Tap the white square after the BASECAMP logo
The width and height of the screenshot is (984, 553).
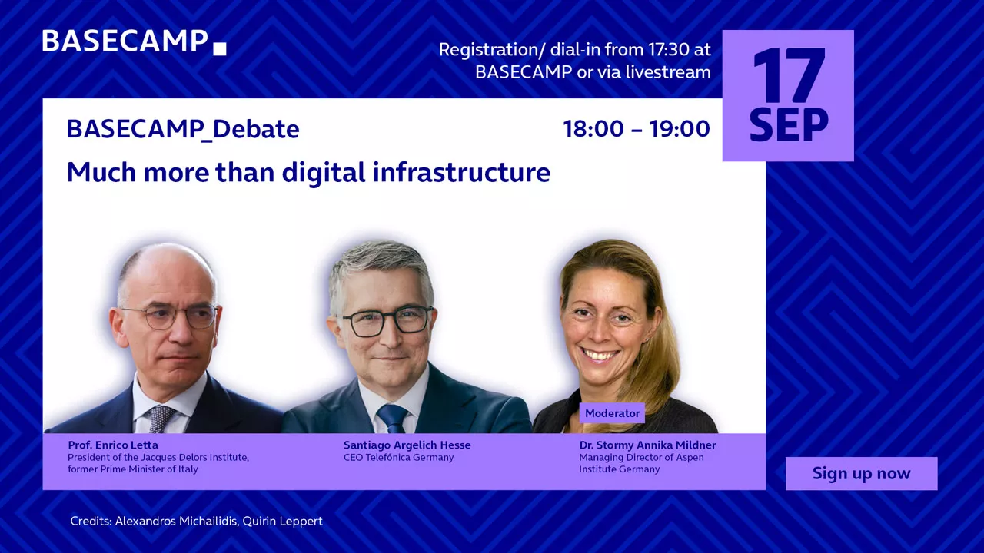pyautogui.click(x=220, y=48)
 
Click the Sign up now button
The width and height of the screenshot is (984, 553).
pyautogui.click(x=862, y=473)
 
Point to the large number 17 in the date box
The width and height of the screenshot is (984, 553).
pyautogui.click(x=789, y=75)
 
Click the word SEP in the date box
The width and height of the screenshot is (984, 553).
pyautogui.click(x=789, y=125)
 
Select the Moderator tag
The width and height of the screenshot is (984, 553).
pyautogui.click(x=612, y=413)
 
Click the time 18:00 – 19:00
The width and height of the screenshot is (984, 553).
pyautogui.click(x=637, y=128)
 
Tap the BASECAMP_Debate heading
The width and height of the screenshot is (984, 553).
pyautogui.click(x=183, y=130)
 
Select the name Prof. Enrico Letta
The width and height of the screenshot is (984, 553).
pyautogui.click(x=113, y=445)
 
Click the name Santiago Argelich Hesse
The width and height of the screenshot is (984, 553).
pyautogui.click(x=407, y=445)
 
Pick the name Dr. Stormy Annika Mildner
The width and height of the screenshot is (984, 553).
pyautogui.click(x=647, y=445)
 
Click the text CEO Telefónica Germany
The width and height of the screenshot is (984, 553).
pyautogui.click(x=398, y=457)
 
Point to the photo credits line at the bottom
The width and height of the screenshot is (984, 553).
pyautogui.click(x=196, y=521)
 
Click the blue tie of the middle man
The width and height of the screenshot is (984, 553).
pyautogui.click(x=392, y=418)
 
